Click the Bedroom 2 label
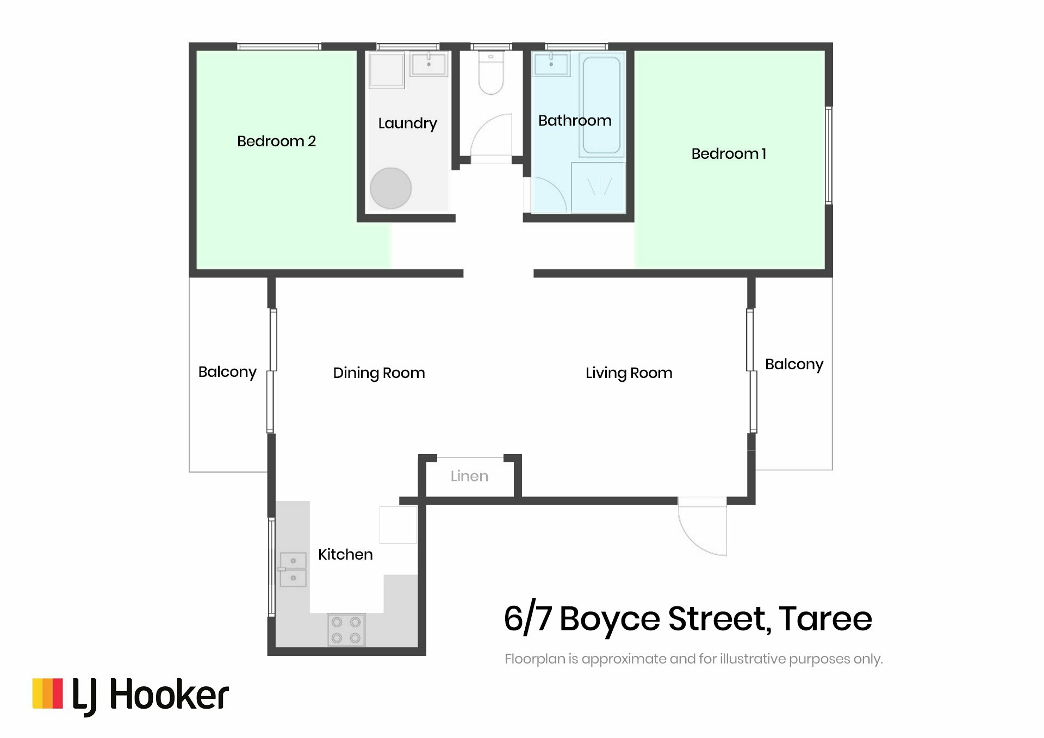pyautogui.click(x=276, y=141)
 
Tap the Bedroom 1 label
pyautogui.click(x=729, y=154)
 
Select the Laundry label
pyautogui.click(x=407, y=123)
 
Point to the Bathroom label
pyautogui.click(x=575, y=120)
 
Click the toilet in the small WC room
pyautogui.click(x=491, y=73)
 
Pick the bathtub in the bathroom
pyautogui.click(x=601, y=105)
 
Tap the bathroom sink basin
pyautogui.click(x=551, y=64)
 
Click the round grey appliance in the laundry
pyautogui.click(x=390, y=188)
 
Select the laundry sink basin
pyautogui.click(x=428, y=64)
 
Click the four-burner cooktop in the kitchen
pyautogui.click(x=346, y=630)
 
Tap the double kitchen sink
pyautogui.click(x=293, y=569)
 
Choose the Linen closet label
pyautogui.click(x=469, y=476)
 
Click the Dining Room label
pyautogui.click(x=379, y=373)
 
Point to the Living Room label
pyautogui.click(x=629, y=373)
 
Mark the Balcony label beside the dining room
pyautogui.click(x=227, y=372)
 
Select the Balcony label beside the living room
pyautogui.click(x=794, y=364)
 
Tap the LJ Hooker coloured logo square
pyautogui.click(x=47, y=693)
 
